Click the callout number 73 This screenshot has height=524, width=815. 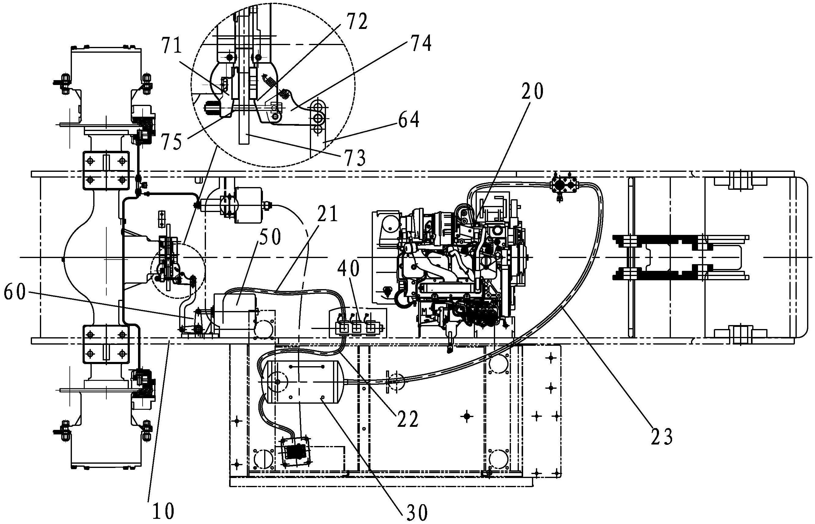(x=355, y=158)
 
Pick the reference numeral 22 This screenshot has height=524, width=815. (x=407, y=420)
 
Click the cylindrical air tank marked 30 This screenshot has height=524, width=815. (x=303, y=382)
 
